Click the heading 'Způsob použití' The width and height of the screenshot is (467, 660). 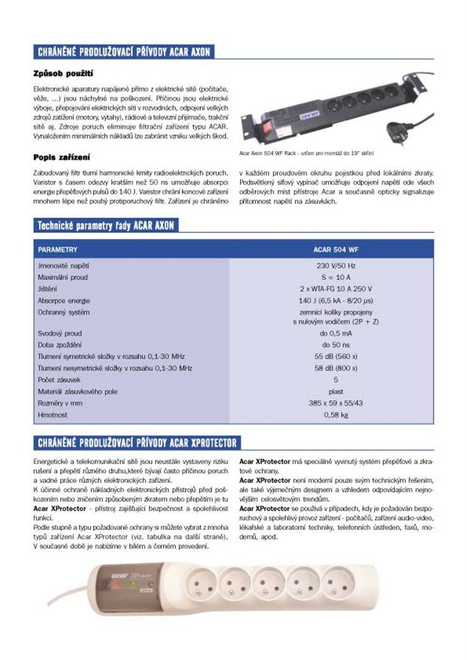[62, 74]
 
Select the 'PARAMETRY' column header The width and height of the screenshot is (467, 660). [58, 249]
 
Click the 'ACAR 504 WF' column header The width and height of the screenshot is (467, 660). [336, 249]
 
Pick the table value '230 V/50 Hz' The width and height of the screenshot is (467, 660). [336, 266]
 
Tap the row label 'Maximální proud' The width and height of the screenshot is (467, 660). [62, 277]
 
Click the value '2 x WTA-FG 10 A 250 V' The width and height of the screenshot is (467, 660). [336, 289]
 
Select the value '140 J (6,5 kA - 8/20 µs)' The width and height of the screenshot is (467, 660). [336, 301]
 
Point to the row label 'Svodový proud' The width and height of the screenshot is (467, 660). [59, 334]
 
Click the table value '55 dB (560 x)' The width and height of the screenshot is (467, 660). [336, 356]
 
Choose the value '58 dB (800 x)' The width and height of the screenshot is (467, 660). [336, 368]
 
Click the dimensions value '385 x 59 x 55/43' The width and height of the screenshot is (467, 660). [336, 403]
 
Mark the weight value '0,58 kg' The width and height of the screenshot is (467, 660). [336, 415]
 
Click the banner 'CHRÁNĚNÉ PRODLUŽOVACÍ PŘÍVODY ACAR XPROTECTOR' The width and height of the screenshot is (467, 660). [138, 442]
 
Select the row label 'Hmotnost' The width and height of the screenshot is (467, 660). [53, 415]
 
